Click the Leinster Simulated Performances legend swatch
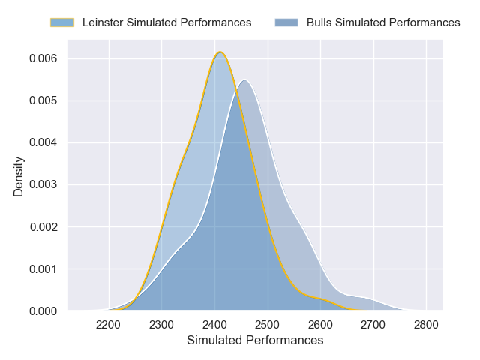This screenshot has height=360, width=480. [62, 22]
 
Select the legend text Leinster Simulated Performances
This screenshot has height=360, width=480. [166, 22]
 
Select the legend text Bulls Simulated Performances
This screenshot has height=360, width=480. [383, 22]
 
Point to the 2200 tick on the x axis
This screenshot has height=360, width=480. [109, 325]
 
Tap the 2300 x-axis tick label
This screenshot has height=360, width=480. [162, 325]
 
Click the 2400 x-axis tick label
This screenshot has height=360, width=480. [215, 325]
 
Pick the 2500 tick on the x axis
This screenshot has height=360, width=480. [268, 325]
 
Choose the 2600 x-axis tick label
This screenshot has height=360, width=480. [321, 325]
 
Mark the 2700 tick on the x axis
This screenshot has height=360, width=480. [373, 325]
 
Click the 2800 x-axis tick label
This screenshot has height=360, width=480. [426, 325]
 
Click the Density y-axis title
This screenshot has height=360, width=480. [19, 176]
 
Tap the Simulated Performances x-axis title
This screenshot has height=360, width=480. [255, 340]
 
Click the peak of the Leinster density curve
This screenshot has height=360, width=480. [220, 52]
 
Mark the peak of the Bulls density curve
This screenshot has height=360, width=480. [244, 79]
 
